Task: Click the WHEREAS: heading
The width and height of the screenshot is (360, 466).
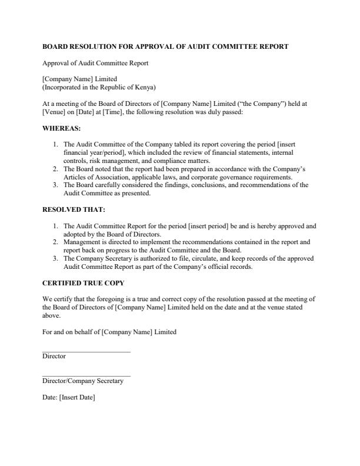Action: coord(62,128)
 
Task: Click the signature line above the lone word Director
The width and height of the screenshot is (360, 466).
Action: coord(86,351)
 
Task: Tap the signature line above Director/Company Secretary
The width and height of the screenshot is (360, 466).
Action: coord(86,376)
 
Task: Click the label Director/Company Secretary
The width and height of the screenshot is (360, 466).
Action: coord(83,381)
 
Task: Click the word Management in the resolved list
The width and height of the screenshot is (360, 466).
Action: coord(82,242)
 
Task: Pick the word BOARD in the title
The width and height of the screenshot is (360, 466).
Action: coord(55,46)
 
